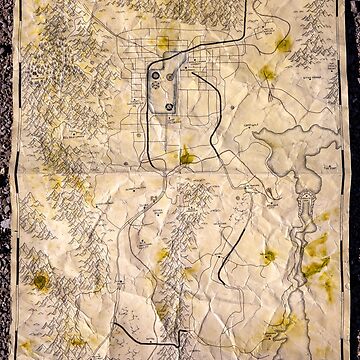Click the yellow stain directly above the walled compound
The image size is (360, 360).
tap(163, 43)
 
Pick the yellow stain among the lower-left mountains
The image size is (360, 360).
tap(40, 282)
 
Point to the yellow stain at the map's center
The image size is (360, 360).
tap(186, 156)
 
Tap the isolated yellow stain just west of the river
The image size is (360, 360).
tap(268, 258)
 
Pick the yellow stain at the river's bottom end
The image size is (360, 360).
tap(290, 345)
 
